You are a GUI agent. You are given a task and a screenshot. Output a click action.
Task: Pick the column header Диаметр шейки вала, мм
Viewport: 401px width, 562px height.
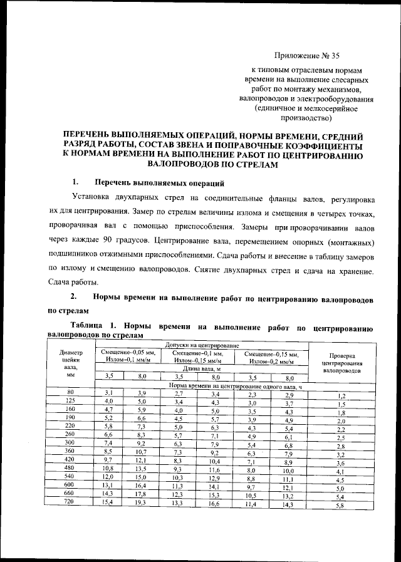(x=71, y=364)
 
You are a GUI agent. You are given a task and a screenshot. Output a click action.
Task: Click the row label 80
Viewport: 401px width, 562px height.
(x=71, y=392)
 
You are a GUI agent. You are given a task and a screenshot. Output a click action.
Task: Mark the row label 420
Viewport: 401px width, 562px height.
(x=71, y=460)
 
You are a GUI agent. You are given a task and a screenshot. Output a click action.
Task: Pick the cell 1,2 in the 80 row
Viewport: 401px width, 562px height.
(x=341, y=397)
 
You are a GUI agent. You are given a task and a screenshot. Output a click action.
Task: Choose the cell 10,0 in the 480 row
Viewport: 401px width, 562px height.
(x=288, y=470)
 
